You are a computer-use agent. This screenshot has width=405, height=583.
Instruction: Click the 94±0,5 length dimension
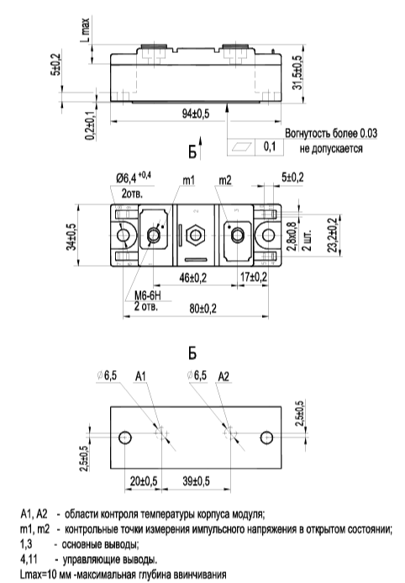(196, 114)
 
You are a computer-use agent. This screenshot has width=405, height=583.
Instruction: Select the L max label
(86, 29)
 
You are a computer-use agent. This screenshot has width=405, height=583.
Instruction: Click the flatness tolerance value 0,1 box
(270, 146)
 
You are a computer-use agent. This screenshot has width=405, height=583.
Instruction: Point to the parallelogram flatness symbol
(241, 147)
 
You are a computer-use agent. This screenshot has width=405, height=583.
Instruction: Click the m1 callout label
(188, 180)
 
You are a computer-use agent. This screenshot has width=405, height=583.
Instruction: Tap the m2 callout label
(225, 180)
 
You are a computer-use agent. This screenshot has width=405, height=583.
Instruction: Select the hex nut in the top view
(197, 236)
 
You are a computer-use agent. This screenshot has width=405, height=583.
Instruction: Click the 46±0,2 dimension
(193, 278)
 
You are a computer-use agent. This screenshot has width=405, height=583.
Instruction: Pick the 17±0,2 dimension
(254, 277)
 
